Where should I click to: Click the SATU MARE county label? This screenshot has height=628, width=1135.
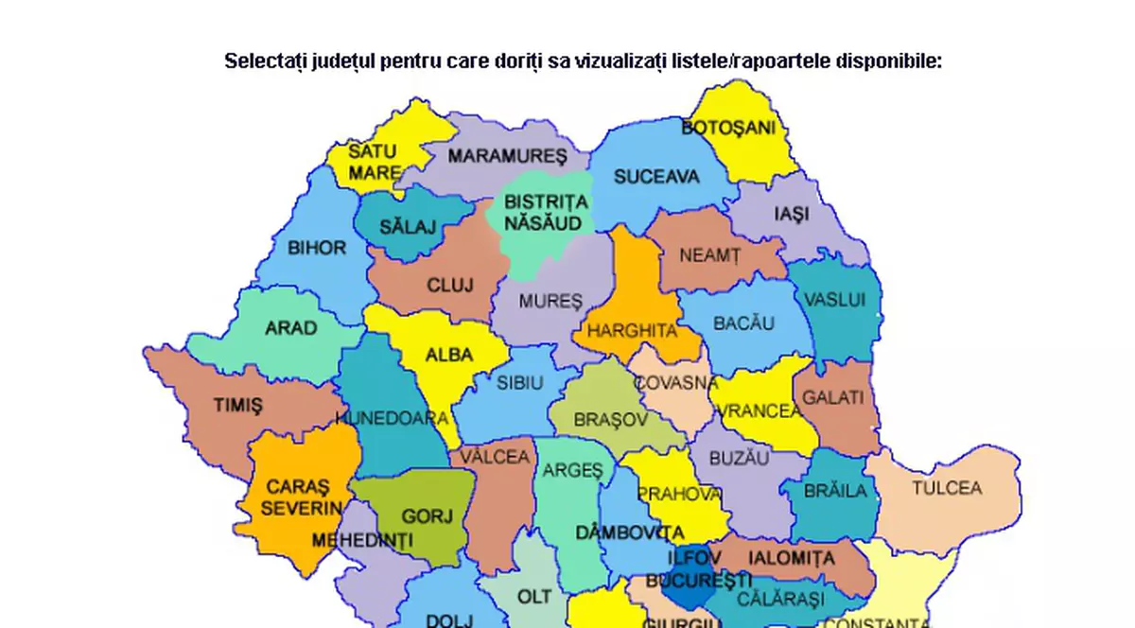[375, 162]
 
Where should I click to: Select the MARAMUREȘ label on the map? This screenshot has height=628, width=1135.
[507, 155]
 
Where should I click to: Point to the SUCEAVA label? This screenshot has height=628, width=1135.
[656, 177]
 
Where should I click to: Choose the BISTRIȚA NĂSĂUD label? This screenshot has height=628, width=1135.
[546, 213]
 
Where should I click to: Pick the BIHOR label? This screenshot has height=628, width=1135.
[317, 248]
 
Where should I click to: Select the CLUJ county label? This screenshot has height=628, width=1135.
[450, 285]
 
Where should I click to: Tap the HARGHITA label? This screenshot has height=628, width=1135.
[633, 331]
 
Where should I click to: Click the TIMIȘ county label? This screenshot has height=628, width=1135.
[237, 405]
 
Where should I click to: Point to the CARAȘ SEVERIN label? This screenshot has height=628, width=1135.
[303, 497]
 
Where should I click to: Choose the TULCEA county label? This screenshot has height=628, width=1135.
[947, 488]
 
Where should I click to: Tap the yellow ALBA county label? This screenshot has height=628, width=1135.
[449, 356]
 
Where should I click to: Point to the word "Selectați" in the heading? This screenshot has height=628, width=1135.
[261, 62]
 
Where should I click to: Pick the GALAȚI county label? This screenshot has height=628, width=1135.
[833, 397]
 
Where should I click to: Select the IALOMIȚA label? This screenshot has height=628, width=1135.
[792, 558]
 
